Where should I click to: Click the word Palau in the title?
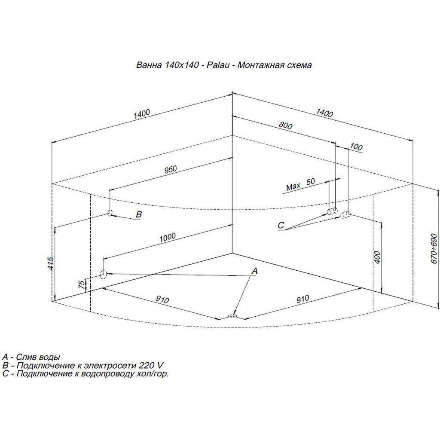point(218,65)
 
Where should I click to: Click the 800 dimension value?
point(285,126)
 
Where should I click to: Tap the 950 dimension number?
point(171,169)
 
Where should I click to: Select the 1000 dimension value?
point(168,237)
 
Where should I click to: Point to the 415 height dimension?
point(50,263)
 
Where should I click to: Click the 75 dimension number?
point(81,285)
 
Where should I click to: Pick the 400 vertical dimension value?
point(377,257)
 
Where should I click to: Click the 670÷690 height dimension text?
point(434,249)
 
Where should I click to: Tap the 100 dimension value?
point(356,147)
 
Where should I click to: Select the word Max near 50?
point(293,186)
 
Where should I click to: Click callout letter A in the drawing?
point(254,271)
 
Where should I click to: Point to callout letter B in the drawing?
point(139,215)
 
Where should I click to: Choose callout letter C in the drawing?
point(281,225)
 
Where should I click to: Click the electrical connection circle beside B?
point(110,213)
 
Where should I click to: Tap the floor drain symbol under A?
point(232,316)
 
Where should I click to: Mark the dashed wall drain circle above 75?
point(103,274)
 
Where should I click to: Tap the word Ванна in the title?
point(149,65)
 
